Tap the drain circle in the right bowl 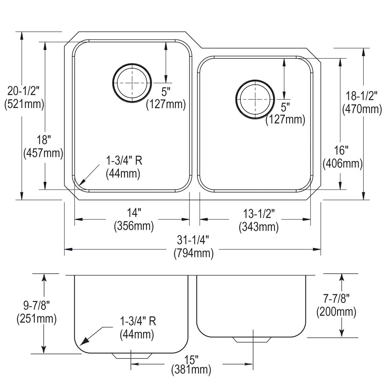click(x=255, y=99)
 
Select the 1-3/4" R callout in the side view click(x=137, y=328)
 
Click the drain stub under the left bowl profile click(x=132, y=356)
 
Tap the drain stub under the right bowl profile click(x=251, y=340)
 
